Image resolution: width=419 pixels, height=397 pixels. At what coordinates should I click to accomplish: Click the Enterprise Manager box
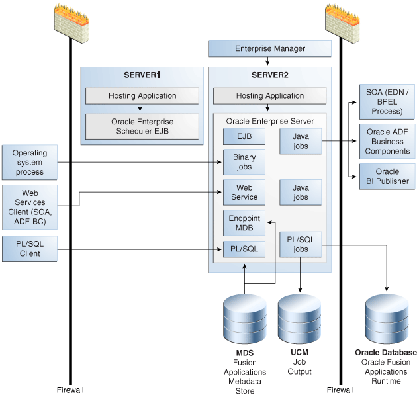269,49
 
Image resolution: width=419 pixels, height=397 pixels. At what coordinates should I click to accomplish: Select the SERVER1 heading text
142,75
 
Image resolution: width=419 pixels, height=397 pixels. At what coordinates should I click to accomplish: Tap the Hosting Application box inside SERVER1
142,95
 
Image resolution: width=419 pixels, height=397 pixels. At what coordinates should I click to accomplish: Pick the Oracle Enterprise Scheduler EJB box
142,126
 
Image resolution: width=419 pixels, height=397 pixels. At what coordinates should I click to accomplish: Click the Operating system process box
30,163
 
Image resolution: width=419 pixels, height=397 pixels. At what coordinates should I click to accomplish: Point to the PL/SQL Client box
30,249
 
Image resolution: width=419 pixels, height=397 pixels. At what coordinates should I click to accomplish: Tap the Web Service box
244,193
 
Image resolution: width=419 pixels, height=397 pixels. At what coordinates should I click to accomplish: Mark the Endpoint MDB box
244,224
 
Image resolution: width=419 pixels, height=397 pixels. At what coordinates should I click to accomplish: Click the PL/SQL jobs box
301,245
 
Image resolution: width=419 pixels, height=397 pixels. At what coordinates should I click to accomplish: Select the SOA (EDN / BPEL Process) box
387,101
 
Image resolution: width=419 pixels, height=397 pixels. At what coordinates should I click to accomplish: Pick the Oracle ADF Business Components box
387,142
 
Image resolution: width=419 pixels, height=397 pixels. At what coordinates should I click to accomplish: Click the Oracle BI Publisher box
387,176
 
